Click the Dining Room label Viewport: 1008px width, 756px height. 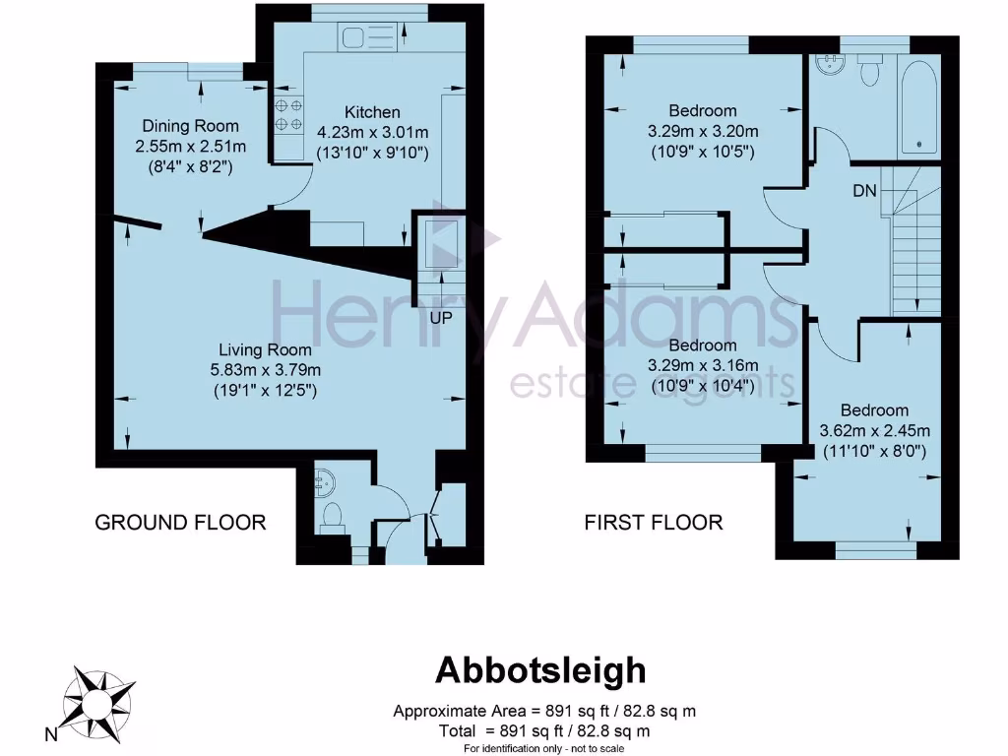tap(191, 126)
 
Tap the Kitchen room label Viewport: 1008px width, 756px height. tap(372, 111)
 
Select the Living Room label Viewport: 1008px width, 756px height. tap(265, 349)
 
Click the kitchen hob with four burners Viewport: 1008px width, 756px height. tap(288, 114)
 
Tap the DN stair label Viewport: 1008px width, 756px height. tap(865, 191)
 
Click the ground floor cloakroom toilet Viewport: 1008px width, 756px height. tap(332, 514)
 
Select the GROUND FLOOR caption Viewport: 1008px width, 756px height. tap(180, 522)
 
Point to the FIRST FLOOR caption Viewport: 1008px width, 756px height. tap(654, 522)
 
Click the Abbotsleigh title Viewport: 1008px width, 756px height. tap(541, 670)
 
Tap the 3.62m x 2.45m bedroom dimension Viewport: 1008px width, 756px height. tap(875, 430)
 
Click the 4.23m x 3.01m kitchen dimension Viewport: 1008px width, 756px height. tap(373, 132)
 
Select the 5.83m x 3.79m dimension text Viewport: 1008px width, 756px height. tap(265, 369)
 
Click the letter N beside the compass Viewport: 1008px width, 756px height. tap(50, 733)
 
